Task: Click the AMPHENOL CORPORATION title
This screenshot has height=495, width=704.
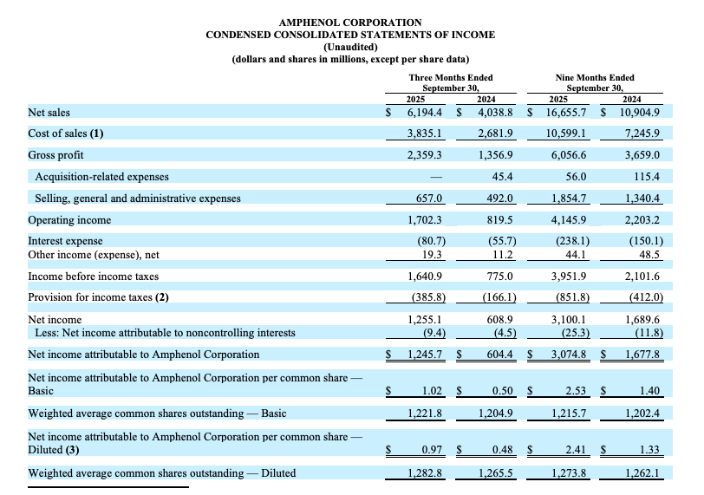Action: (x=351, y=22)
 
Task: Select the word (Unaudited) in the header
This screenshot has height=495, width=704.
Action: (x=351, y=47)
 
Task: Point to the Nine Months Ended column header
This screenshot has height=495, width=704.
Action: (x=594, y=77)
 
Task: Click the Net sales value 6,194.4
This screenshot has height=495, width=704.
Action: (x=425, y=113)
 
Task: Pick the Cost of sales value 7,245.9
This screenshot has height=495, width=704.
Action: (x=643, y=133)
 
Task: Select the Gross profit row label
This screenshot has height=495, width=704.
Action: (x=56, y=154)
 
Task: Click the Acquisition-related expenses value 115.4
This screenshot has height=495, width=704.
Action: (x=647, y=177)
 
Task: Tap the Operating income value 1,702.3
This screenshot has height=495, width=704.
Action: (x=425, y=220)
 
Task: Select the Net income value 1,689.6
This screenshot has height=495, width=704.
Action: (x=643, y=320)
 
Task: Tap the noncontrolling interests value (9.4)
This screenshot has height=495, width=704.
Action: (x=428, y=332)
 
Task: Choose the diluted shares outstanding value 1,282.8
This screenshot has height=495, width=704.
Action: (x=425, y=472)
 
